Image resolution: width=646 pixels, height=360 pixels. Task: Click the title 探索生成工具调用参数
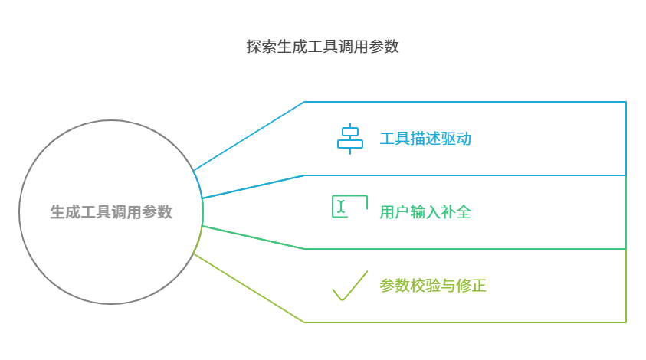[x=323, y=47]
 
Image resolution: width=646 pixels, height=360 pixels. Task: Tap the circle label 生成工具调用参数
[x=111, y=212]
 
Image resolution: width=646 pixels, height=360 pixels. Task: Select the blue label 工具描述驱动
[x=425, y=139]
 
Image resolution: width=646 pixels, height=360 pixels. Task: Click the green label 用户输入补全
[x=425, y=212]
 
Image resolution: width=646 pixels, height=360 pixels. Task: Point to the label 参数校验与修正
[x=433, y=286]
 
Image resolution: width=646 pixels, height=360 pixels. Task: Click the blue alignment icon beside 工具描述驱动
[x=350, y=139]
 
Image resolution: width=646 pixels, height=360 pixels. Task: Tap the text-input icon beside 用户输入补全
[x=349, y=206]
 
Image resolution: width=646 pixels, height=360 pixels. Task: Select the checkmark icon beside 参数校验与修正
[x=350, y=286]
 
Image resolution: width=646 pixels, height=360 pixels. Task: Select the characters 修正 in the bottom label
[x=471, y=286]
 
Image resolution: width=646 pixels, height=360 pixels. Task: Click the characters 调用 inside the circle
[x=126, y=212]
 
